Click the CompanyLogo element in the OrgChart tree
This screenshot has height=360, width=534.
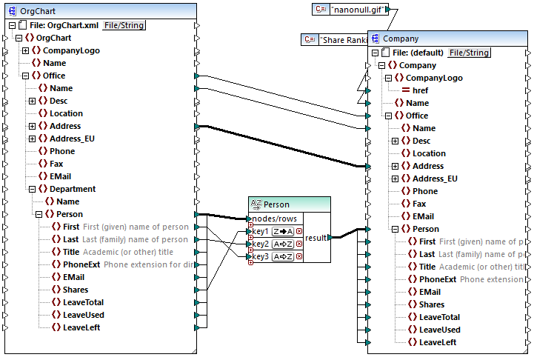tap(70, 50)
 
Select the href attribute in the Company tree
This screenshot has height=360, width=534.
tap(420, 90)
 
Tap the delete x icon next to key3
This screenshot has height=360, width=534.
tap(299, 256)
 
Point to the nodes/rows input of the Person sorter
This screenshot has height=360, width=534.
tap(275, 219)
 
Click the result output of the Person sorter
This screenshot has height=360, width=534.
tap(316, 237)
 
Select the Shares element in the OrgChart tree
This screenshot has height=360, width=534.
tap(75, 290)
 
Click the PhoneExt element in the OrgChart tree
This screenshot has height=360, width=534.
tap(81, 264)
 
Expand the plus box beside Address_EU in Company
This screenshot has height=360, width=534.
tap(395, 179)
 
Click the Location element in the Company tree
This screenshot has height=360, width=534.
tap(429, 153)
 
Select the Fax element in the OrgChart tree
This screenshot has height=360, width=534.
tap(56, 164)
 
